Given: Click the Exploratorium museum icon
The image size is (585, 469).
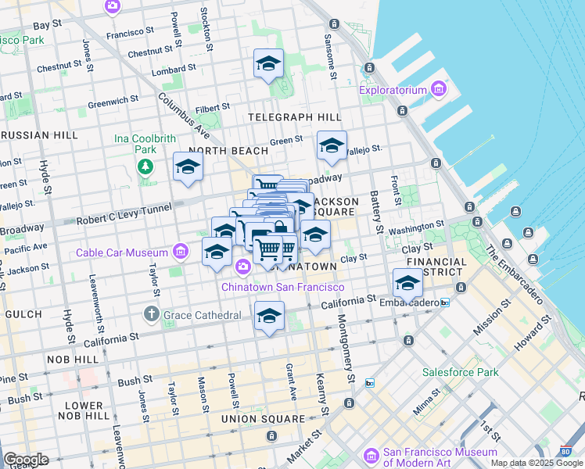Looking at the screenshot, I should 437,90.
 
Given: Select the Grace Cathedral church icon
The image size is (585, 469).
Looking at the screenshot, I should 153,315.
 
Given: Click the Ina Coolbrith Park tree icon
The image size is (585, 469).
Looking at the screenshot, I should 145,166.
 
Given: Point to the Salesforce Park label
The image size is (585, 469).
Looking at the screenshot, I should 460,372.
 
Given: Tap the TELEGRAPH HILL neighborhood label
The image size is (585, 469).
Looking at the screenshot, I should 294,117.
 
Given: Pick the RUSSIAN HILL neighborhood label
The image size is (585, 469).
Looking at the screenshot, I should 39,134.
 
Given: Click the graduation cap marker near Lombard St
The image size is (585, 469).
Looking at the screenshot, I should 268,64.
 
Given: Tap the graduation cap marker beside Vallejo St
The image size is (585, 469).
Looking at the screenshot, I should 332,146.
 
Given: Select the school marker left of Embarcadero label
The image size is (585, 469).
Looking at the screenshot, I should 407,283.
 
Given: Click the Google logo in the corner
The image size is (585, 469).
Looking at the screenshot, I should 25,460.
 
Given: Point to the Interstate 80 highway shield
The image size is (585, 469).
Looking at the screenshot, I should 565,451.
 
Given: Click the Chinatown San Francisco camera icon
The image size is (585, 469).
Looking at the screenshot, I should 242,267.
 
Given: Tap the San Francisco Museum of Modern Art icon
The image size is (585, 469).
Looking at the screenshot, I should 371,455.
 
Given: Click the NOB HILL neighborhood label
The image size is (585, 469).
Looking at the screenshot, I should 75,359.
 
